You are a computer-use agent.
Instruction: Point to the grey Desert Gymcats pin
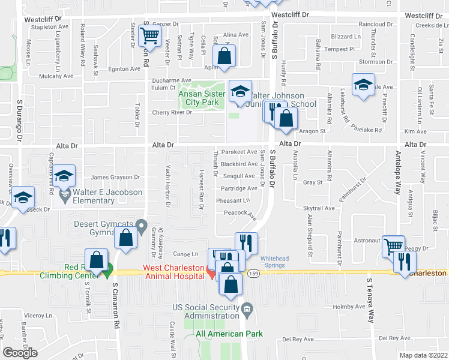click(x=142, y=226)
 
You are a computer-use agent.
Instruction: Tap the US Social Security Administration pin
click(x=247, y=310)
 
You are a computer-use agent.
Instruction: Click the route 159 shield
click(x=255, y=273)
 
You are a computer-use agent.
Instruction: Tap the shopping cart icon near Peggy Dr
click(x=393, y=245)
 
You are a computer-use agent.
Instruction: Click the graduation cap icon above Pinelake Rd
click(x=363, y=85)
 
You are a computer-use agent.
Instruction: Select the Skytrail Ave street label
click(x=320, y=208)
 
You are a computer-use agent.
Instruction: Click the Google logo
click(x=20, y=353)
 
